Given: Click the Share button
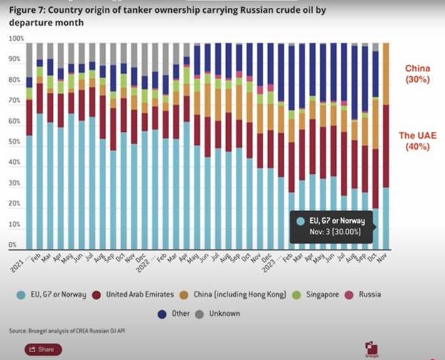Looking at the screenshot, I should [x=43, y=349].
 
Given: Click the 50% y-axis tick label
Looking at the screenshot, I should [x=15, y=142].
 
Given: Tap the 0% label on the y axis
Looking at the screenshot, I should [x=13, y=245].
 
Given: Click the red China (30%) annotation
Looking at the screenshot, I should [x=417, y=73].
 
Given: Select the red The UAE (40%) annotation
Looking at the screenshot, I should [x=418, y=141].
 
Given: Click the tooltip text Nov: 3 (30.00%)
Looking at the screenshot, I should [x=332, y=232].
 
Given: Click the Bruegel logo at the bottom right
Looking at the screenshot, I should [x=372, y=349].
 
